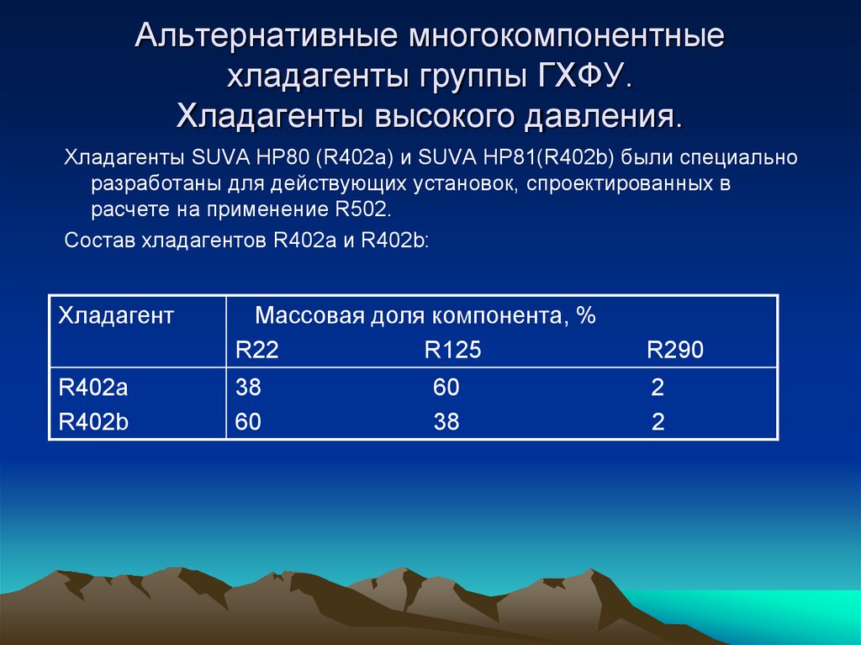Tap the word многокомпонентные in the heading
(x=566, y=38)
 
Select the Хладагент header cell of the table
(x=115, y=316)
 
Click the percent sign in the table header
(x=586, y=316)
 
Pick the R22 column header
(x=256, y=351)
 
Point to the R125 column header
(x=452, y=351)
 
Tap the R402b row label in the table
(x=92, y=422)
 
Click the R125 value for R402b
(x=446, y=422)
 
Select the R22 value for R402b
(x=248, y=422)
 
